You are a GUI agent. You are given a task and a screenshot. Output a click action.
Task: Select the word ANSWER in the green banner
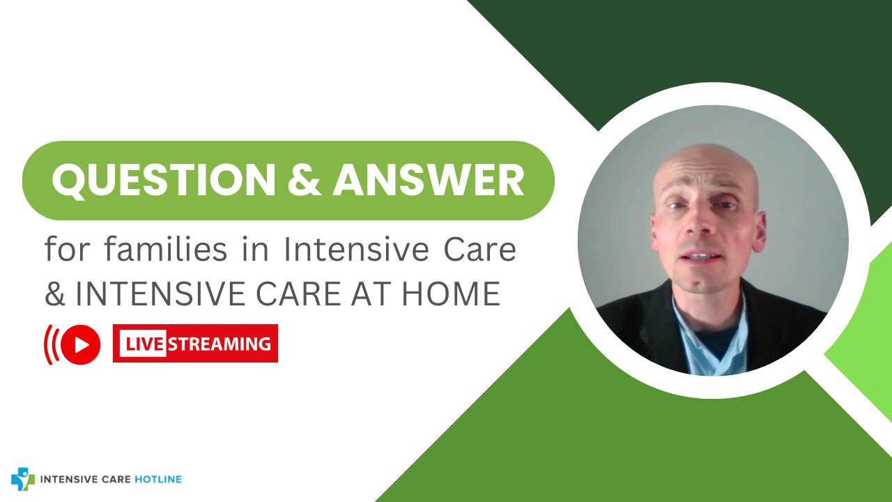(x=428, y=181)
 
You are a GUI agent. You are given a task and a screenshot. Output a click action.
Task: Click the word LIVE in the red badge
(x=144, y=344)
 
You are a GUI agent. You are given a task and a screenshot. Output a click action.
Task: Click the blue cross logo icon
(x=22, y=479)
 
